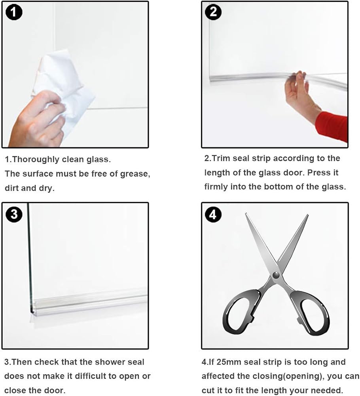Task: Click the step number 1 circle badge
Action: tap(14, 12)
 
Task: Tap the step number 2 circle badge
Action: tap(213, 12)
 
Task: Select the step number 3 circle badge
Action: tap(14, 214)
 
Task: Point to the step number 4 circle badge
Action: tap(213, 215)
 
